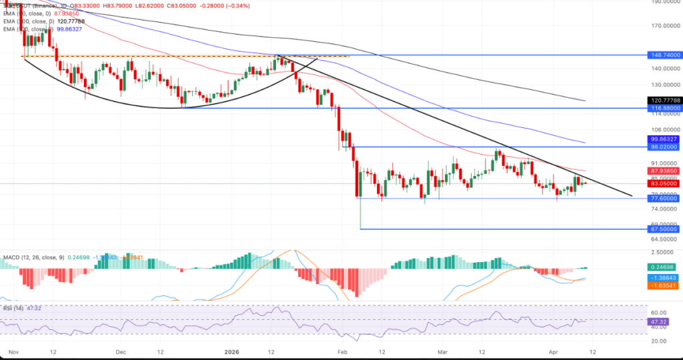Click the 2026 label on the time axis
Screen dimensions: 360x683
pyautogui.click(x=231, y=351)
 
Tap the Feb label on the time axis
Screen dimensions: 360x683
pyautogui.click(x=343, y=351)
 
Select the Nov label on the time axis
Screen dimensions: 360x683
pyautogui.click(x=13, y=351)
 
